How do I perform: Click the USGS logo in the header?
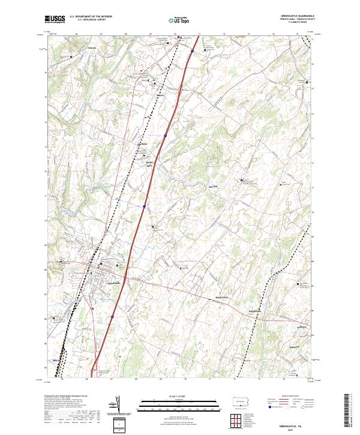click(55, 20)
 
